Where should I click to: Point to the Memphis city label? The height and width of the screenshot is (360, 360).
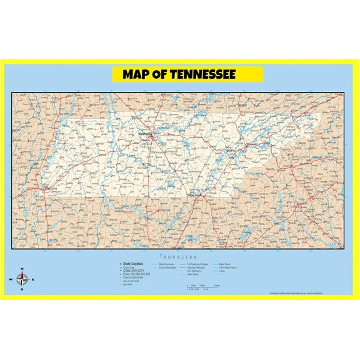[x=49, y=188]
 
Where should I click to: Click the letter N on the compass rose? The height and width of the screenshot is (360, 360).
[x=22, y=269]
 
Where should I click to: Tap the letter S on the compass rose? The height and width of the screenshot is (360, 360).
[x=22, y=289]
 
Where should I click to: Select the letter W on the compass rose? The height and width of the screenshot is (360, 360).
[x=11, y=279]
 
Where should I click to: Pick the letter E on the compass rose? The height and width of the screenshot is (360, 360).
[x=32, y=279]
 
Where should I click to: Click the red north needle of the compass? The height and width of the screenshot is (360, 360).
[x=22, y=274]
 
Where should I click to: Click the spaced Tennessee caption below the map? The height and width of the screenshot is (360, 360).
[x=179, y=257]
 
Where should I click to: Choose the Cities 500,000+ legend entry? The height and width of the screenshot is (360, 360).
[x=134, y=271]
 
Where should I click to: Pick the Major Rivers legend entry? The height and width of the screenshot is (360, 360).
[x=226, y=264]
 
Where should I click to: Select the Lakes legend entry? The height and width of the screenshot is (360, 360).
[x=222, y=271]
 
